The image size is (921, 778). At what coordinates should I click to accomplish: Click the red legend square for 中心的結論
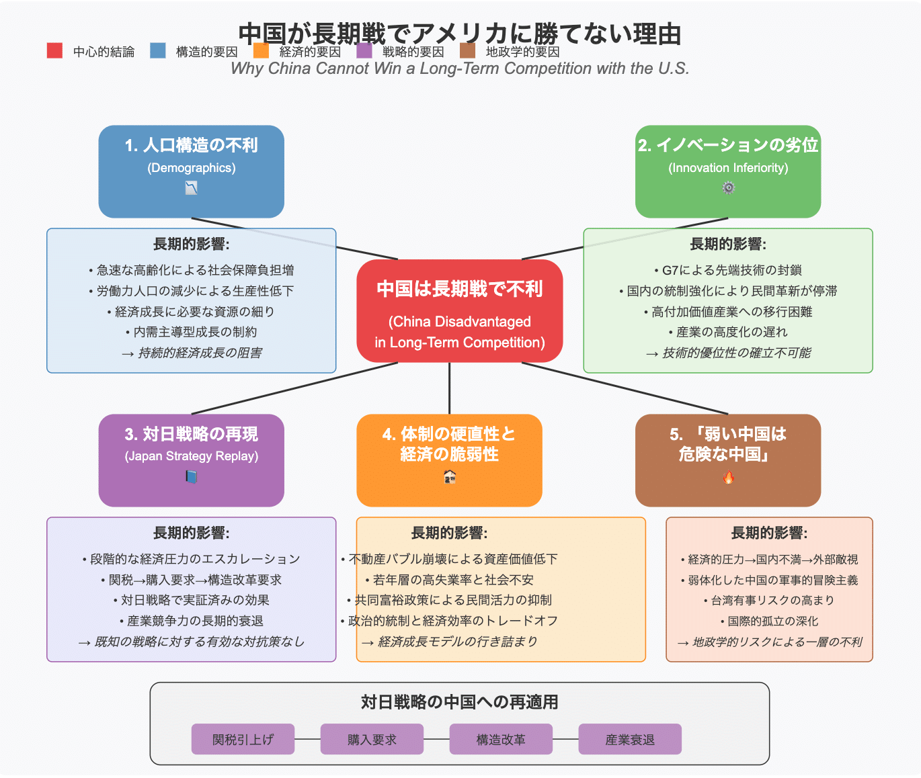[x=54, y=50]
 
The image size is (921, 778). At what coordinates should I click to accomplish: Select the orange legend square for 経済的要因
[x=261, y=50]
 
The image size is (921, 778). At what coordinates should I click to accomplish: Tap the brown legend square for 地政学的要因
[x=467, y=50]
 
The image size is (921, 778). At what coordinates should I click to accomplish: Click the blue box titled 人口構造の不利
[x=191, y=171]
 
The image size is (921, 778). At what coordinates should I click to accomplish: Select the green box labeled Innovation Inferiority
[x=728, y=171]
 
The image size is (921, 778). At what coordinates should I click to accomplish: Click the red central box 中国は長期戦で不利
[x=460, y=310]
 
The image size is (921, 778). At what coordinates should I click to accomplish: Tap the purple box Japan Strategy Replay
[x=191, y=460]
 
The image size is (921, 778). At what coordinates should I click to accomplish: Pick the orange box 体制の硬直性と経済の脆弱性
[x=449, y=460]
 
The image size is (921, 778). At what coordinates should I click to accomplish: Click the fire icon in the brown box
[x=728, y=478]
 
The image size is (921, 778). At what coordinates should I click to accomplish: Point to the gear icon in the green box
[x=728, y=188]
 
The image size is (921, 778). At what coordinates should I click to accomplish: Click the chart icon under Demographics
[x=191, y=189]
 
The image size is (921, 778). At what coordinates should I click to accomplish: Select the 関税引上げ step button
[x=243, y=739]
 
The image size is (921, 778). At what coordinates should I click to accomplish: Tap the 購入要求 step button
[x=372, y=739]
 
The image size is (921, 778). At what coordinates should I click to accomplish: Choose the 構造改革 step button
[x=501, y=739]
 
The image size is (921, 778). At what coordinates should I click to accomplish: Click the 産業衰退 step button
[x=630, y=739]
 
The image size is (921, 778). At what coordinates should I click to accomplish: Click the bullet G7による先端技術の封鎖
[x=728, y=270]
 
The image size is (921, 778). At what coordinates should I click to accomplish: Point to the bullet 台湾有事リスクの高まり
[x=769, y=600]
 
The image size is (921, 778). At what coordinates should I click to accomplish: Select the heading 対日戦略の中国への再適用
[x=460, y=702]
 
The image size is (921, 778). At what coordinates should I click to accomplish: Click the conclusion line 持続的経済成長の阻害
[x=192, y=353]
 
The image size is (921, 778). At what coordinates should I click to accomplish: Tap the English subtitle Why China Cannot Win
[x=460, y=69]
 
